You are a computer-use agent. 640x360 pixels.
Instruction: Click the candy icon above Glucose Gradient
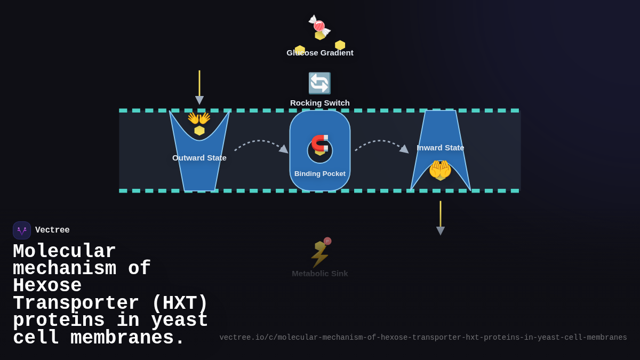click(319, 25)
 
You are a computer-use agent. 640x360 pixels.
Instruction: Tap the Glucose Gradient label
click(319, 53)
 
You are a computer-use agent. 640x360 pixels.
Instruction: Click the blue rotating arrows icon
click(319, 83)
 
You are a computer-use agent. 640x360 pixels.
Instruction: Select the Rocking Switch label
click(319, 103)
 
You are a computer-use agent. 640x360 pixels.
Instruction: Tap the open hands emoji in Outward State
click(199, 118)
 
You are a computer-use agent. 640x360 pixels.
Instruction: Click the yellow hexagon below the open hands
click(199, 131)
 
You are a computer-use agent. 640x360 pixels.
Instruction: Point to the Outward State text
click(199, 158)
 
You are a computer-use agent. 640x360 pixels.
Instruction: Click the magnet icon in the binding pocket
click(319, 143)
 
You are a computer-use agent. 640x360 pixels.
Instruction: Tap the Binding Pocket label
click(319, 174)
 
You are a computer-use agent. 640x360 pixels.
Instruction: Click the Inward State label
click(440, 148)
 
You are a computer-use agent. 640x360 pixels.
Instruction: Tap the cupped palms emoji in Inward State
click(440, 170)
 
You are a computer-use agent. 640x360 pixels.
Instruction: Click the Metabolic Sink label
click(319, 274)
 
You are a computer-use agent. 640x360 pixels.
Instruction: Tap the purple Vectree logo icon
click(22, 230)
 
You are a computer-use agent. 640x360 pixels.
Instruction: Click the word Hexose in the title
click(47, 286)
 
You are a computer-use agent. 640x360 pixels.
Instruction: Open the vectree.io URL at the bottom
click(423, 338)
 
